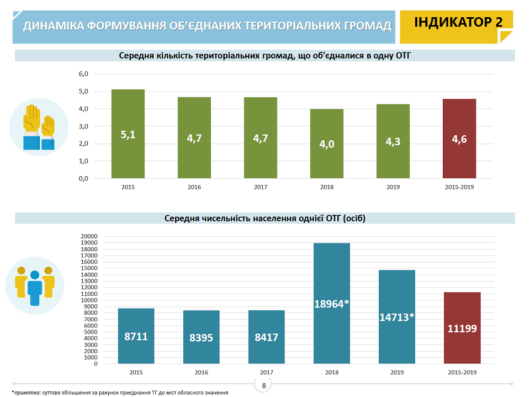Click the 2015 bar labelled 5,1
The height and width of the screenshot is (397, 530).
pyautogui.click(x=128, y=134)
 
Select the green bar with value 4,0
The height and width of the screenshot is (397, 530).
pyautogui.click(x=327, y=144)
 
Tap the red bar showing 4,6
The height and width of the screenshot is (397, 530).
pyautogui.click(x=459, y=139)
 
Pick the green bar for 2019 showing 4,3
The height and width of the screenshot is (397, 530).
pyautogui.click(x=393, y=141)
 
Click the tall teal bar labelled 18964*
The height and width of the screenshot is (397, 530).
pyautogui.click(x=332, y=303)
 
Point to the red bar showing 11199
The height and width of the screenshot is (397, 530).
pyautogui.click(x=462, y=328)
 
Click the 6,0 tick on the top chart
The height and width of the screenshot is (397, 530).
pyautogui.click(x=83, y=74)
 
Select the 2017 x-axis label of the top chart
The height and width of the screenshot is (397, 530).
pyautogui.click(x=261, y=187)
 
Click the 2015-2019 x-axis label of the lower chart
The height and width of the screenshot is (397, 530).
pyautogui.click(x=462, y=373)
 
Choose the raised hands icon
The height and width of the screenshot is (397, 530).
pyautogui.click(x=39, y=126)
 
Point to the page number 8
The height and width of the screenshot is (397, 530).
pyautogui.click(x=264, y=385)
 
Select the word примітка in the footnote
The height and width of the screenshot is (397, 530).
pyautogui.click(x=26, y=393)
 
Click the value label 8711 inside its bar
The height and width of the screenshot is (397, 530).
pyautogui.click(x=136, y=336)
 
